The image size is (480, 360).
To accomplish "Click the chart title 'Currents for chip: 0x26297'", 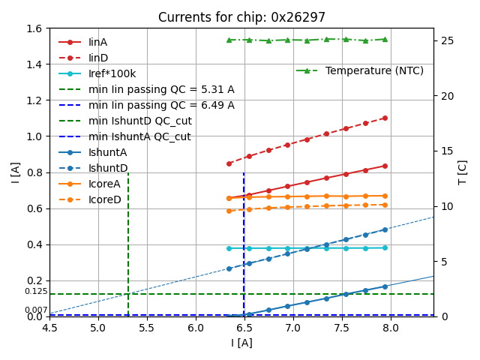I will [241, 17].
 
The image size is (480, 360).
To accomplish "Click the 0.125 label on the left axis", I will [35, 291].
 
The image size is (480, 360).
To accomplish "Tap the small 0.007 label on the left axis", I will [35, 310].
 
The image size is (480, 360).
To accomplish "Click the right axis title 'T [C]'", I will [463, 172].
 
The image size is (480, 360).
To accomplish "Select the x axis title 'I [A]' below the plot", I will [241, 343].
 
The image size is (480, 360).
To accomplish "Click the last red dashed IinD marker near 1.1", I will [385, 118].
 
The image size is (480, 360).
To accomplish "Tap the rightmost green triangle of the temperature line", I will [385, 39].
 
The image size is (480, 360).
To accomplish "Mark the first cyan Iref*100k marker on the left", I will [229, 248].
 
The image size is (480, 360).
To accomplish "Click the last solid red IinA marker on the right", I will [385, 166].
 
